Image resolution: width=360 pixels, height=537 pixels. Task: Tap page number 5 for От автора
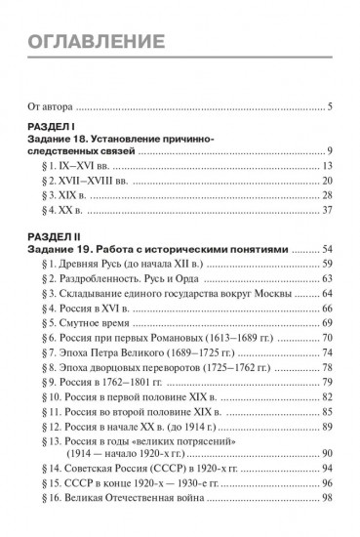[x=332, y=105]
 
